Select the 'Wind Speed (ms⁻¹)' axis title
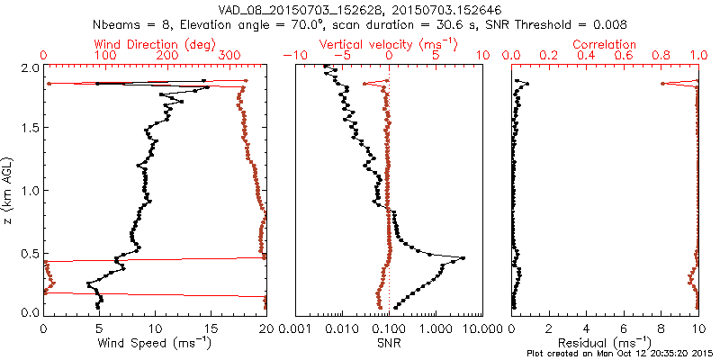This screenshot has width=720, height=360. [x=155, y=342]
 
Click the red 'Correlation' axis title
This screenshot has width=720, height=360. [x=605, y=44]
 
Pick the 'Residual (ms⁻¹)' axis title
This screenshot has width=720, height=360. [x=605, y=342]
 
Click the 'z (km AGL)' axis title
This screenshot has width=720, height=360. [x=8, y=191]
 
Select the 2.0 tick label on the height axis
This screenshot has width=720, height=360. [x=30, y=67]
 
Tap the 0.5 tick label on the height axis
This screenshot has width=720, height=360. [x=30, y=252]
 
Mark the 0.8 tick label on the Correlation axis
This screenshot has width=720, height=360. [x=661, y=56]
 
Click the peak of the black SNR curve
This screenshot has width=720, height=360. [x=463, y=258]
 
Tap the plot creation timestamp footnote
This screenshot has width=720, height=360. [x=620, y=353]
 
